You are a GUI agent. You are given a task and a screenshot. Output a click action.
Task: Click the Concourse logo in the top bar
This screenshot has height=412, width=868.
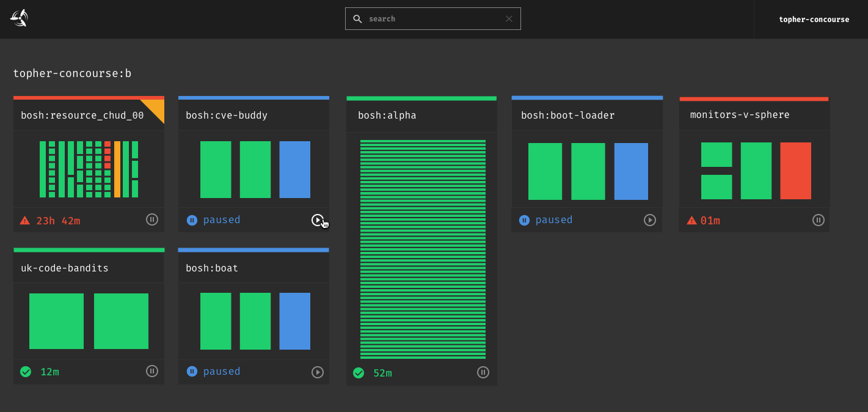point(19,18)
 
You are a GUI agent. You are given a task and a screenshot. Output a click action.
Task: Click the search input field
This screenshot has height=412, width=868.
point(434,19)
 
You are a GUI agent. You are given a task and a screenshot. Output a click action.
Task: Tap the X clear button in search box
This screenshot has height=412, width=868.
point(509,19)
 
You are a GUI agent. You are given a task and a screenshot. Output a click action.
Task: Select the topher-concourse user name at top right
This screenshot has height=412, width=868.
point(814,20)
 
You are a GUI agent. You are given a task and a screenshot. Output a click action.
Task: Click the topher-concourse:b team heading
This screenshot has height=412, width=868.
point(72,74)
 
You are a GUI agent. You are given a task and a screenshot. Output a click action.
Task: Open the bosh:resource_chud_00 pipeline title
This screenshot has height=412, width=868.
point(82,116)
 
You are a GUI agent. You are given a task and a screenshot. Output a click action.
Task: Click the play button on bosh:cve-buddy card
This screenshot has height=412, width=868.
point(317,220)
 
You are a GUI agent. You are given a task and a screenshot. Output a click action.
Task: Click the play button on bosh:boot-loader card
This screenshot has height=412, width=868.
point(650,220)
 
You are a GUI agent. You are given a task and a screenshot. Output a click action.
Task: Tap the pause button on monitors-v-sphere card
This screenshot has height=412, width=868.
point(819,220)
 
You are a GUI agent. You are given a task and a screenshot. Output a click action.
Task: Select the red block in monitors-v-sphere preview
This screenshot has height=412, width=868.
point(795,171)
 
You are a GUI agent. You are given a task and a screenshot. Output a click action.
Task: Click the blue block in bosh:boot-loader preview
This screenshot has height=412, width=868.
point(631,171)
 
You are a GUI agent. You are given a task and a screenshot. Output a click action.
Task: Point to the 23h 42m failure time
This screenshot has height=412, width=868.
point(58,221)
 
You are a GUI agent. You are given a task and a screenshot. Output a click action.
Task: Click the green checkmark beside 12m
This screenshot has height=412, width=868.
point(26,372)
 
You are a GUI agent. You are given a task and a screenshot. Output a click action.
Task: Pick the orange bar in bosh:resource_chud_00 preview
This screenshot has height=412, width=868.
point(117,169)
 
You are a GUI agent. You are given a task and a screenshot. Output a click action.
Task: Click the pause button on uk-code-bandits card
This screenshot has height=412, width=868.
point(152,371)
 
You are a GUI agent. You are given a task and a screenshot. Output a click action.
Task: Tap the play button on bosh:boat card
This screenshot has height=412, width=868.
point(317,372)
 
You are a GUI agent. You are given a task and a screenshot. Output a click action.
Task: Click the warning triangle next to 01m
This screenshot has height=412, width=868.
point(691,221)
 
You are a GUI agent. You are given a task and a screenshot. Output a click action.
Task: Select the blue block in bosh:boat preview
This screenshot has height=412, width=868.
point(294,321)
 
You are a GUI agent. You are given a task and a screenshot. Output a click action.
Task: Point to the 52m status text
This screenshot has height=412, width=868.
point(382,373)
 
